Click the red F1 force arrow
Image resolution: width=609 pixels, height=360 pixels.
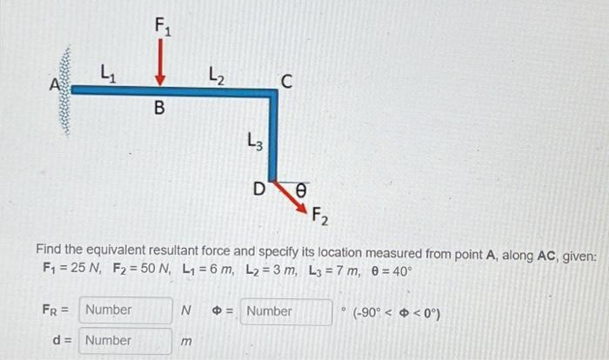tap(159, 63)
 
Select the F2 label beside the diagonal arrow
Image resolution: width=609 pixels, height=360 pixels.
tap(318, 217)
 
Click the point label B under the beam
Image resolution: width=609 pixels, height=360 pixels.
tap(159, 109)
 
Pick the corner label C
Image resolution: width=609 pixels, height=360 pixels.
tap(288, 82)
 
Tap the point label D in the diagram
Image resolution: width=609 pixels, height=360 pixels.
tap(258, 187)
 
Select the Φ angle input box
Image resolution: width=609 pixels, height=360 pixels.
tap(285, 310)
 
